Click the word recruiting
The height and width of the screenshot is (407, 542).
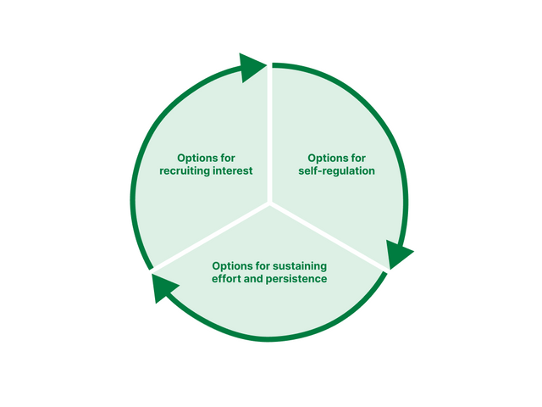point(186,171)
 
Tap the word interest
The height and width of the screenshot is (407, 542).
point(233,171)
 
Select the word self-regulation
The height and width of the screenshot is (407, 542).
point(337,171)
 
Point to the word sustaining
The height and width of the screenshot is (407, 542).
point(296,265)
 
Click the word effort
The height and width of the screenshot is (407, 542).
point(228,279)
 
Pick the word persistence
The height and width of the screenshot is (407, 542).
point(297,279)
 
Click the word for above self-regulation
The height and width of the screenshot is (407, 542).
point(357,158)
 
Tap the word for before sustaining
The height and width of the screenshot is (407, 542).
point(261,265)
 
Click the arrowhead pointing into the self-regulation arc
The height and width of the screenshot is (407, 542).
point(253,67)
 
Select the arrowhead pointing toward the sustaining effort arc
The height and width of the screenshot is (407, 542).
point(399,254)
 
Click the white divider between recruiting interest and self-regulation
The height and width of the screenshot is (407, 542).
point(269,136)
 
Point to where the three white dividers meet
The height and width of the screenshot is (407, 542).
point(269,203)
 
